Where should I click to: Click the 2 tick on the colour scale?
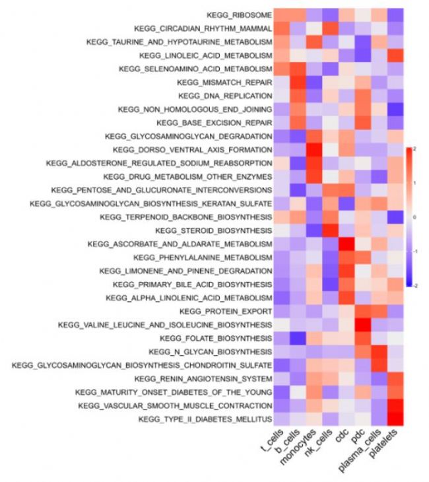(414, 149)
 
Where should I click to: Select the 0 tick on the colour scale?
(414, 217)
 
